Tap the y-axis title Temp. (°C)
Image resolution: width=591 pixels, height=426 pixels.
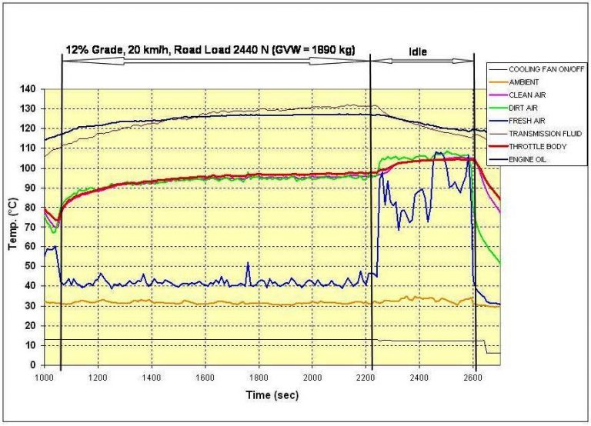[13, 227]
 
